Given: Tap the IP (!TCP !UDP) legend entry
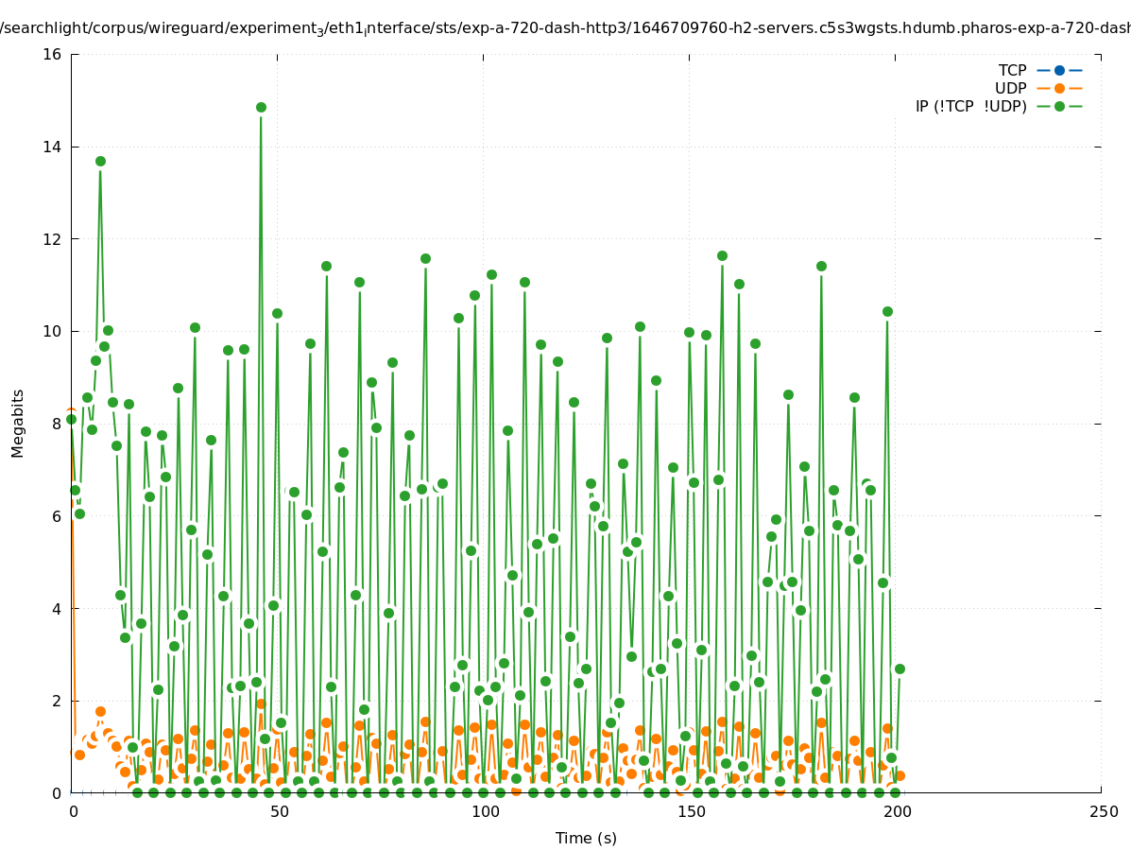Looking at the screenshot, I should pyautogui.click(x=970, y=106).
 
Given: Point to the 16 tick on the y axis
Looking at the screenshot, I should pyautogui.click(x=53, y=55).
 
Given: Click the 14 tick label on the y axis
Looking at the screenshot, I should pyautogui.click(x=53, y=147).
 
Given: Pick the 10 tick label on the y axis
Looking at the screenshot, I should pyautogui.click(x=53, y=332).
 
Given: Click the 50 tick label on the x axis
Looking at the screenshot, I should pyautogui.click(x=279, y=812).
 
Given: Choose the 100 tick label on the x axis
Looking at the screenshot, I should pyautogui.click(x=485, y=812).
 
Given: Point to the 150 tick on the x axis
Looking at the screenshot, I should pyautogui.click(x=691, y=812).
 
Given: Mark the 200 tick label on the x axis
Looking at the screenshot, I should pyautogui.click(x=897, y=812).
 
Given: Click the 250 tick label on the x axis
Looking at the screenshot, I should pyautogui.click(x=1103, y=812).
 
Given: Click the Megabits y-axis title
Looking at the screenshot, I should pyautogui.click(x=19, y=423).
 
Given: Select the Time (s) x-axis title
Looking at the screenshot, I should pyautogui.click(x=586, y=838).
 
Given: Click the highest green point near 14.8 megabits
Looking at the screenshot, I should pyautogui.click(x=261, y=107).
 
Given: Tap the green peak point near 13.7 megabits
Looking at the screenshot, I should pyautogui.click(x=100, y=161).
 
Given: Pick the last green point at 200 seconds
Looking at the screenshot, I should pyautogui.click(x=900, y=669).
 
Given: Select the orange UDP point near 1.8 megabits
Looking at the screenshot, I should pyautogui.click(x=100, y=711).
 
